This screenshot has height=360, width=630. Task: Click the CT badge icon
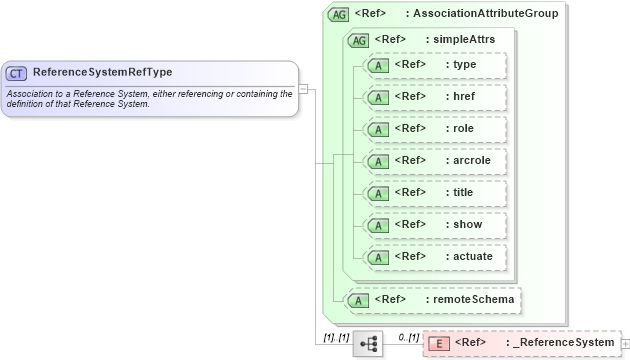click(x=17, y=73)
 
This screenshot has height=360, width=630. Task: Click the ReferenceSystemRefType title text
click(x=102, y=72)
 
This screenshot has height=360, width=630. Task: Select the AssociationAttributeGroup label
click(x=485, y=14)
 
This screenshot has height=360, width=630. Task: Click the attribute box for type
click(x=435, y=65)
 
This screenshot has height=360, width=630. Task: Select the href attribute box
click(x=435, y=97)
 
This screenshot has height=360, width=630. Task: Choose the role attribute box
click(x=435, y=129)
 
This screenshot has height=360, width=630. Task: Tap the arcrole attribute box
click(x=435, y=161)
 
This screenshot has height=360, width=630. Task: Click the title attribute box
click(x=435, y=193)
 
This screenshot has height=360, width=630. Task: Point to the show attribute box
click(x=435, y=225)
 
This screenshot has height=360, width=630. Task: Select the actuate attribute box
click(x=435, y=257)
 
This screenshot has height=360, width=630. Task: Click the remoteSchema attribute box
click(x=431, y=299)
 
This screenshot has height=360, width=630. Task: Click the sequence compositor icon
click(x=368, y=343)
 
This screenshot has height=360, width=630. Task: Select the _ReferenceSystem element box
click(x=521, y=343)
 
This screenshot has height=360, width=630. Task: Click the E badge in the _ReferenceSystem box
click(x=437, y=343)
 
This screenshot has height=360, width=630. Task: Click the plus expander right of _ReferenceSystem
click(x=625, y=344)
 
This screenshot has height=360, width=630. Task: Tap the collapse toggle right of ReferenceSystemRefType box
click(x=303, y=88)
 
